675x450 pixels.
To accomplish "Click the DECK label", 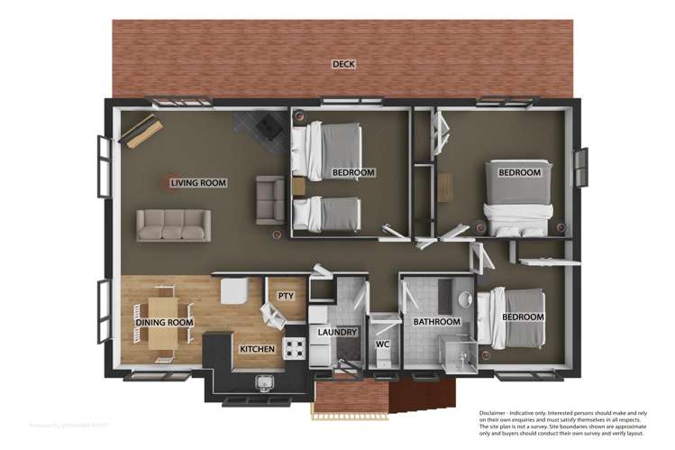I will point(342,64).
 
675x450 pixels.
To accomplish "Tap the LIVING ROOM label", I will point(198,183).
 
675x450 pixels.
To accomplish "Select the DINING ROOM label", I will point(164,322).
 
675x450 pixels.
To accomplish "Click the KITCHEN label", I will point(256,348).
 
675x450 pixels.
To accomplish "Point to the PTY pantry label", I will point(286,295).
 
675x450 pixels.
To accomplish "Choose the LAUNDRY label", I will point(338,332).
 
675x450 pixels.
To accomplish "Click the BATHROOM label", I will point(436,322).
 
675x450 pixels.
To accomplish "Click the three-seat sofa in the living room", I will point(174,225).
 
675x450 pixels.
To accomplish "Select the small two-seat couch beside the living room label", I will point(269,199).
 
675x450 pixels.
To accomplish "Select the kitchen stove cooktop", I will point(295,348).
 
